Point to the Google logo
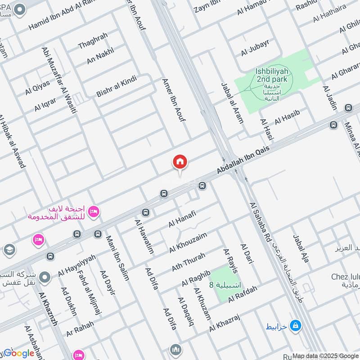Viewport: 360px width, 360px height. pos(19,353)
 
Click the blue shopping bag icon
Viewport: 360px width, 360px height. pos(295,324)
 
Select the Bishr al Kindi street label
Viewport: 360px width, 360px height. pos(116,86)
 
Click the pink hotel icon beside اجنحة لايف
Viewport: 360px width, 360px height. pos(94,211)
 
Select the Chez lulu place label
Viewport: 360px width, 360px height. pos(345,276)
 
